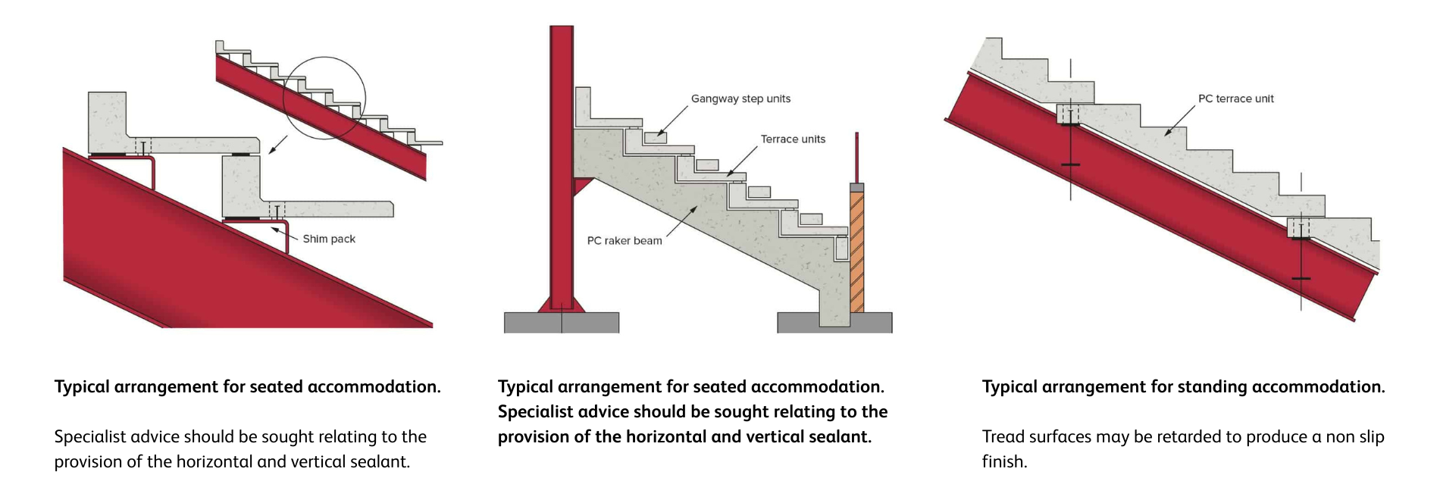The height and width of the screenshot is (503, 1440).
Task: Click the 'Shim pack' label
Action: pyautogui.click(x=329, y=239)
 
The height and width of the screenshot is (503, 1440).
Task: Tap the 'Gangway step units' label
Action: pyautogui.click(x=740, y=98)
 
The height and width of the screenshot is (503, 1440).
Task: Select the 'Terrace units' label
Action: pyautogui.click(x=793, y=139)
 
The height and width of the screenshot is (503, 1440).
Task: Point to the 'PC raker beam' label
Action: pyautogui.click(x=625, y=241)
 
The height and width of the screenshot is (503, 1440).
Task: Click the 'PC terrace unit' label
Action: pyautogui.click(x=1235, y=98)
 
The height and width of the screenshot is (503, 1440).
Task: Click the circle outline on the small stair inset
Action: pyautogui.click(x=324, y=58)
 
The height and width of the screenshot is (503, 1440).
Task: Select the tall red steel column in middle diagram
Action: pyautogui.click(x=562, y=167)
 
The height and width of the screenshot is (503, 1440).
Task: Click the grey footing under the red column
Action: pyautogui.click(x=562, y=323)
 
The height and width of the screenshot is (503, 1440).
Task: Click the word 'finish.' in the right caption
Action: pyautogui.click(x=1005, y=462)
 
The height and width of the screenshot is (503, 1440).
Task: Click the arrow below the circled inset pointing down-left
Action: pyautogui.click(x=278, y=145)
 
